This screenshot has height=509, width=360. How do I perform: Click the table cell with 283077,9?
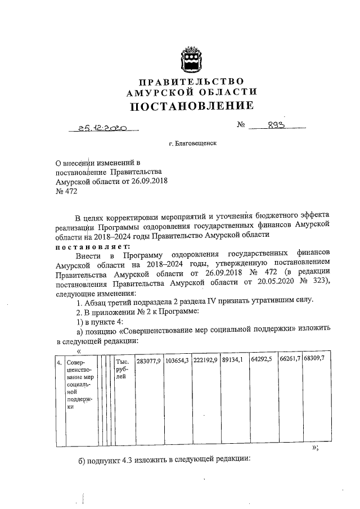pos(149,360)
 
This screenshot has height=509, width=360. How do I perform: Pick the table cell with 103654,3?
pos(177,360)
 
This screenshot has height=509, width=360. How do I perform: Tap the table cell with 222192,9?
pos(205,360)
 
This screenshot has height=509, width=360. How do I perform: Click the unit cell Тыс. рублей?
pos(123,370)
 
